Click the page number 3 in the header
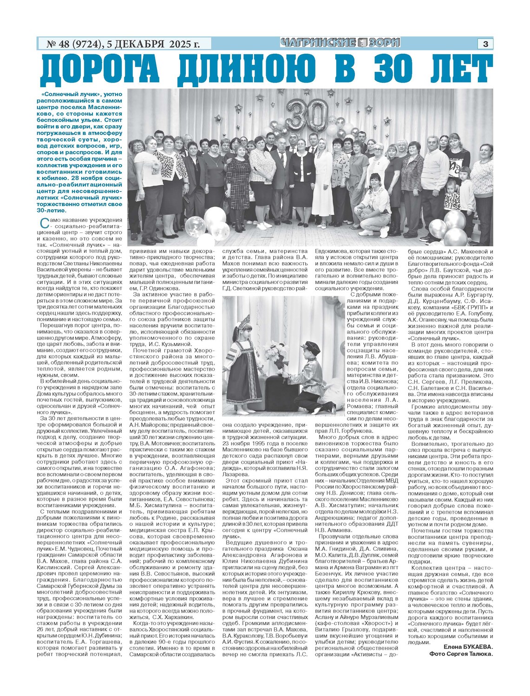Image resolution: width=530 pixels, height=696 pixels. point(485,44)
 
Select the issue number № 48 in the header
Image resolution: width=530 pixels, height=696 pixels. point(62,44)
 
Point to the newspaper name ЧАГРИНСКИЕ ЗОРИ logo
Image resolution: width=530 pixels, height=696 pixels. point(340,43)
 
